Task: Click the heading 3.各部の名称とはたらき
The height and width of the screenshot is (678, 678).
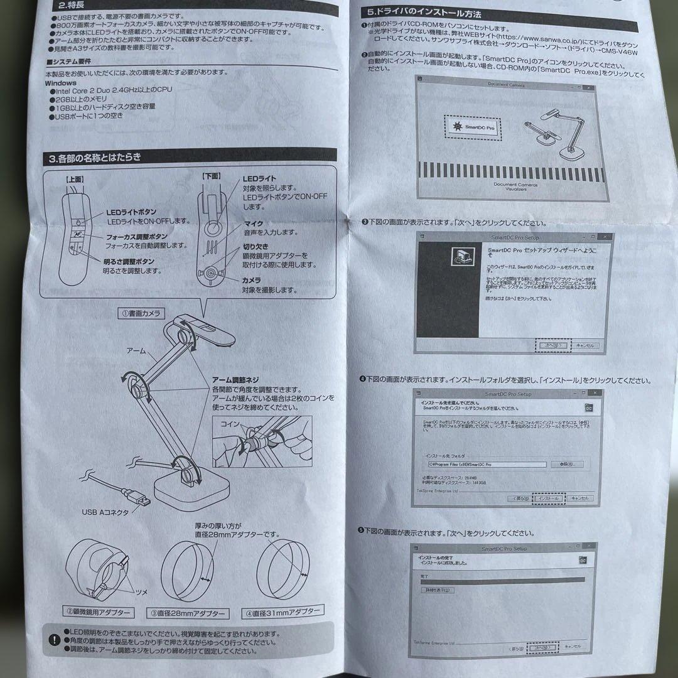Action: [95, 157]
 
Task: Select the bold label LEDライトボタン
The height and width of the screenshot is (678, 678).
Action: [131, 212]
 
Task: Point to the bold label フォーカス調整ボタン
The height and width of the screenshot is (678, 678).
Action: [137, 236]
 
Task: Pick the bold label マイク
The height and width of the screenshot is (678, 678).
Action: [253, 223]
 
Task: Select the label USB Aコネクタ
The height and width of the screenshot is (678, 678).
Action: [105, 512]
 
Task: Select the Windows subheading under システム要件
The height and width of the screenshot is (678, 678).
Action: [61, 83]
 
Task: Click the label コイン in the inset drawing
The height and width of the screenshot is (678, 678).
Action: [229, 425]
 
